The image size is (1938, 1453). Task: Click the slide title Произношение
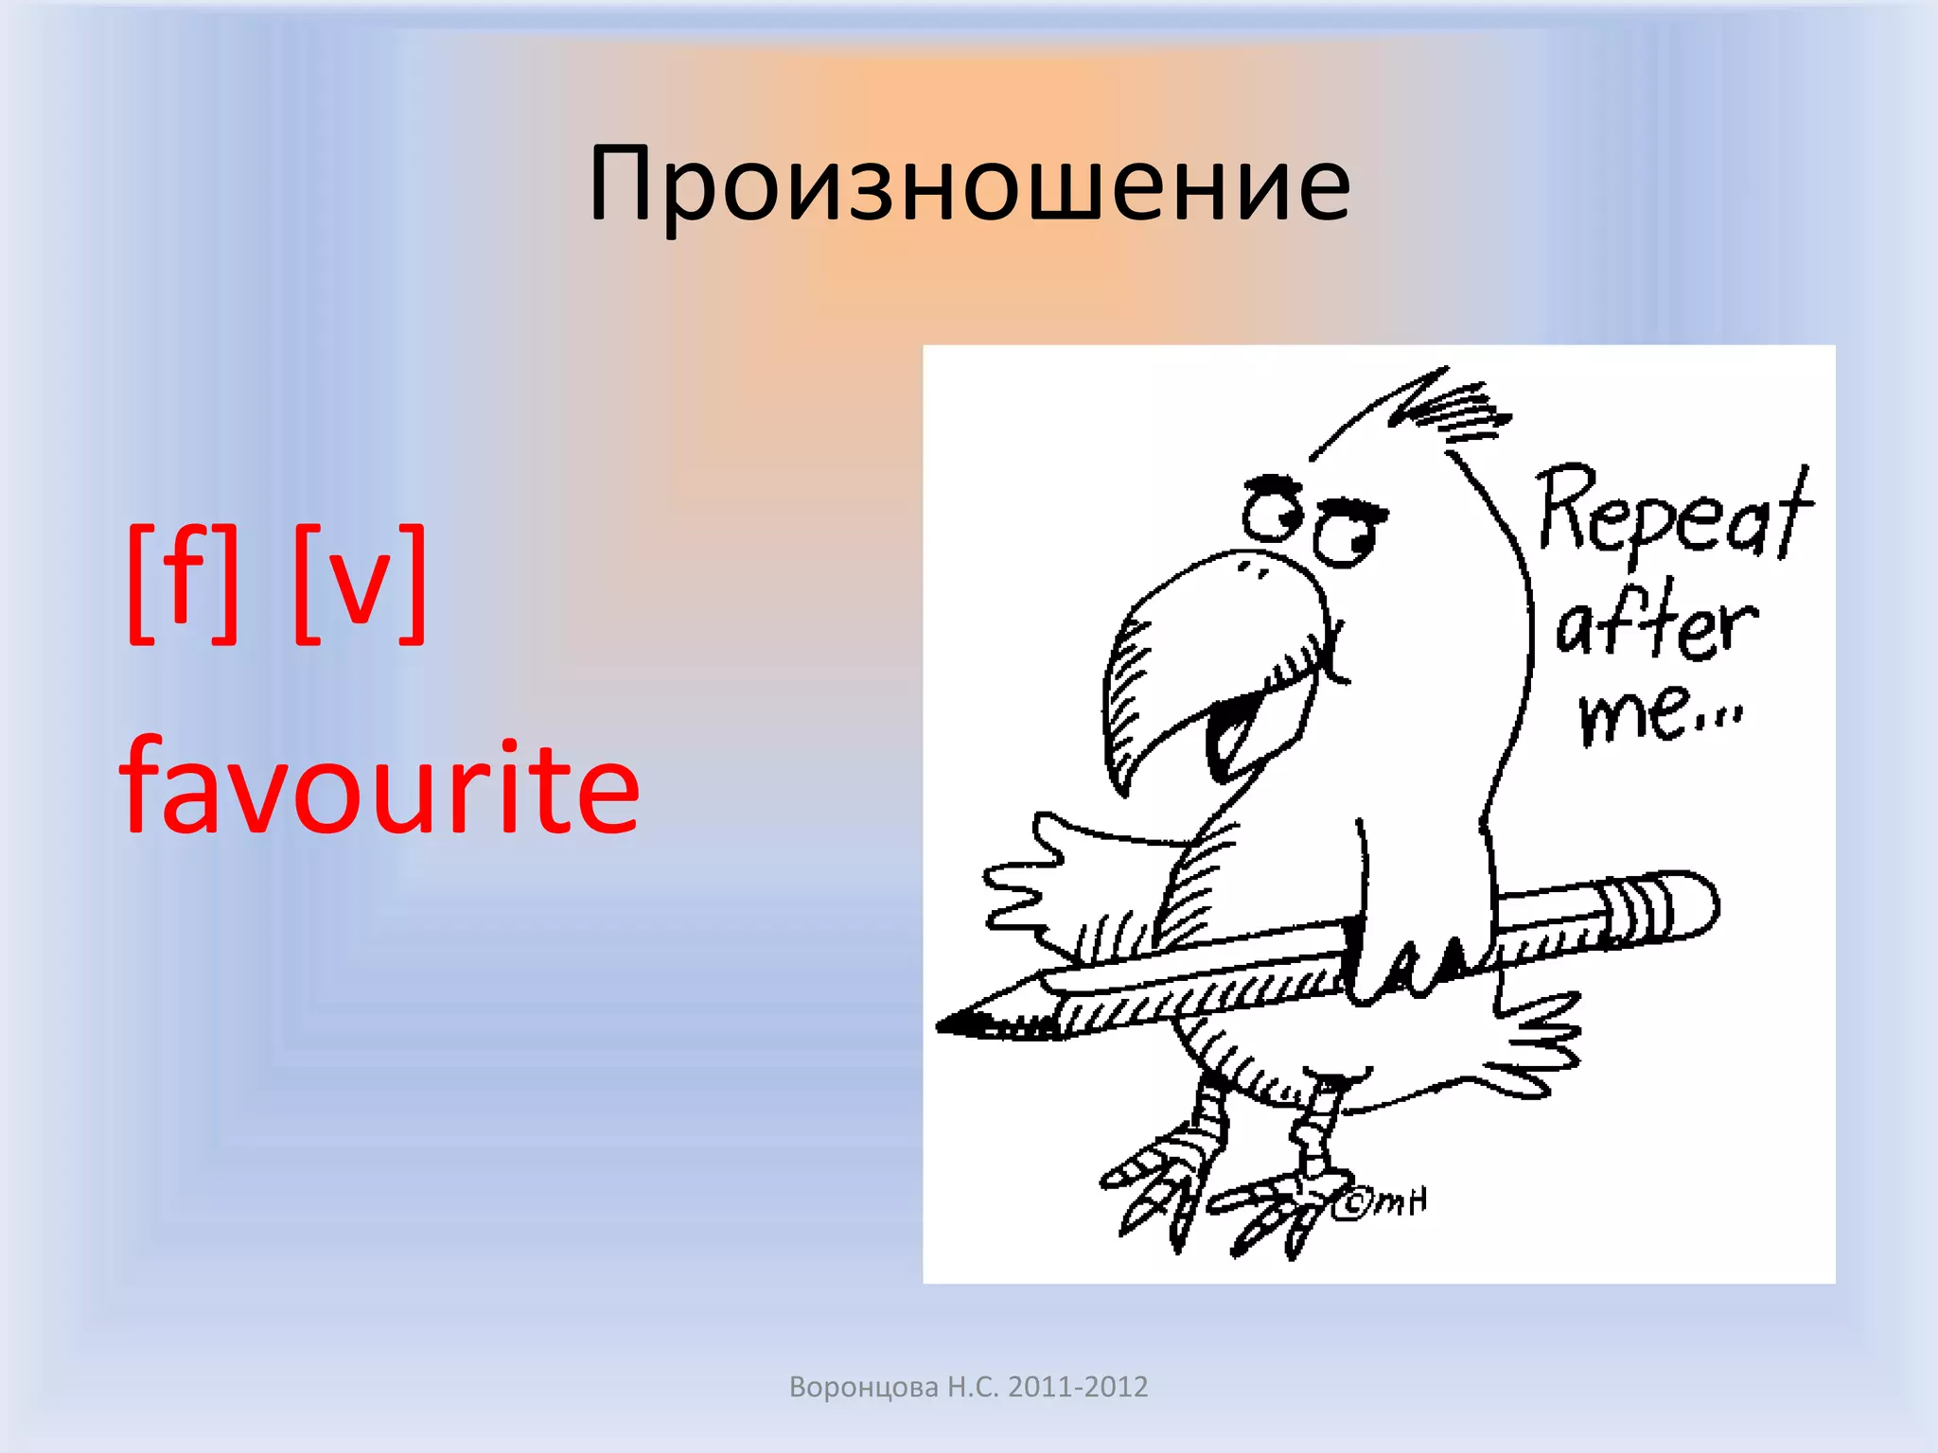[969, 184]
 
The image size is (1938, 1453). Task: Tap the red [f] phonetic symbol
[183, 584]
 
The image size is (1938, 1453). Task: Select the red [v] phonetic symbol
[360, 584]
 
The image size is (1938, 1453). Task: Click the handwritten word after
[1656, 624]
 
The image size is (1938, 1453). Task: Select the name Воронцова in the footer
[863, 1387]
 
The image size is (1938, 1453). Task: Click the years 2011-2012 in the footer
[1077, 1387]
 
